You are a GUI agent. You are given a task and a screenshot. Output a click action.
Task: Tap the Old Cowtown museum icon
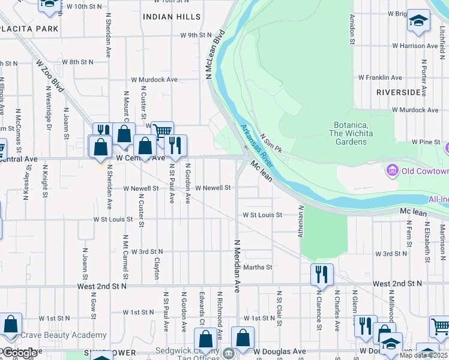coord(393,172)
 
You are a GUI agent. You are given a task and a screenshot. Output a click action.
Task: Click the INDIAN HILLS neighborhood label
coord(172,17)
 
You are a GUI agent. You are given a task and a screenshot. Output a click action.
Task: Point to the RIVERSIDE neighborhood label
coord(399,92)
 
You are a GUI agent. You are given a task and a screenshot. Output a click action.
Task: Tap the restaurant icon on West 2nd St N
coord(322,274)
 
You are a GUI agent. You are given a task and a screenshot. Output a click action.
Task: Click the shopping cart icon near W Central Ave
coord(161,131)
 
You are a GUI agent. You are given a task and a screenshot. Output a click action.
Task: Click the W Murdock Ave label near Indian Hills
coord(155,79)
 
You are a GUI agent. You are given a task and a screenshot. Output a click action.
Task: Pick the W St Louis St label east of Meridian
coord(262,215)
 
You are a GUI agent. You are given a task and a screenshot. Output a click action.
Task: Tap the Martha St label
coord(258,267)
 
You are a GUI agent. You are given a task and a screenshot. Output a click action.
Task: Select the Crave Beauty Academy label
coord(64,335)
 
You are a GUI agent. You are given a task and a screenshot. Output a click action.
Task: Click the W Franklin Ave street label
coord(380,78)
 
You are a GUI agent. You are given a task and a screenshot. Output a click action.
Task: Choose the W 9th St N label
coord(196,35)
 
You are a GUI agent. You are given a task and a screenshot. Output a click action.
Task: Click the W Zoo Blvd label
coord(50,75)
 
